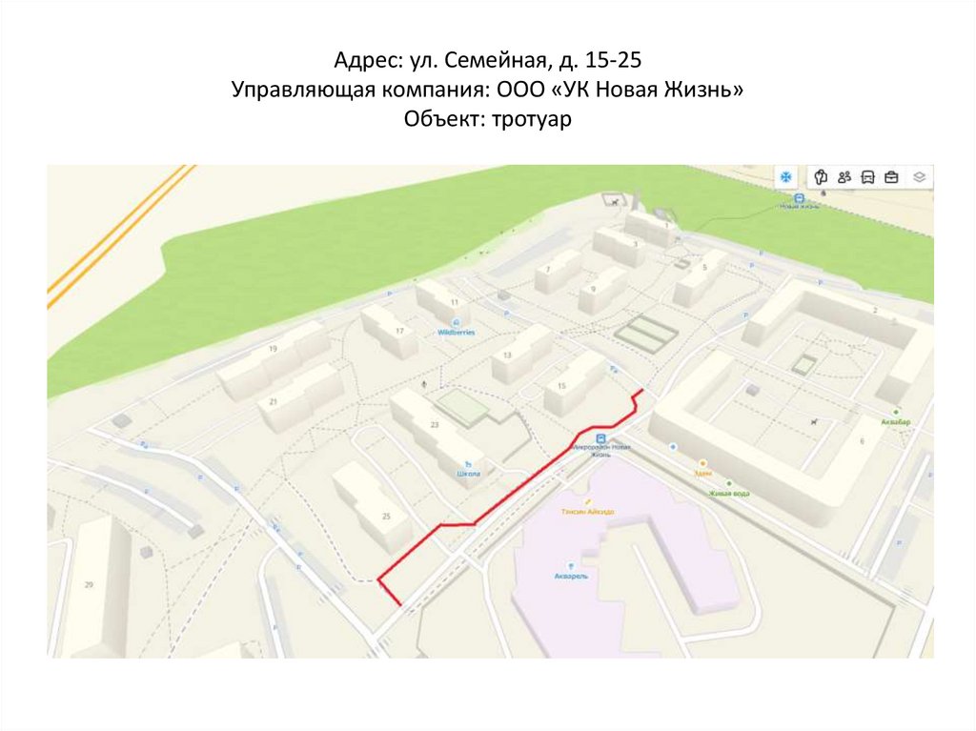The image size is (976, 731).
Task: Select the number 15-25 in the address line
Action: [x=615, y=62]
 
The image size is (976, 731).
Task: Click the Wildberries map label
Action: [x=456, y=333]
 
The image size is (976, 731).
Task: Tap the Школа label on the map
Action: [x=469, y=473]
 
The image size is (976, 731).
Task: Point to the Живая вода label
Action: [x=728, y=494]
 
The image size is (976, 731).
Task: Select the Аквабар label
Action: [x=896, y=421]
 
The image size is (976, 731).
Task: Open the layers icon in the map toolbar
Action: [x=919, y=176]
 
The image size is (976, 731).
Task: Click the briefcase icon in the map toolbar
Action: [x=892, y=176]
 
